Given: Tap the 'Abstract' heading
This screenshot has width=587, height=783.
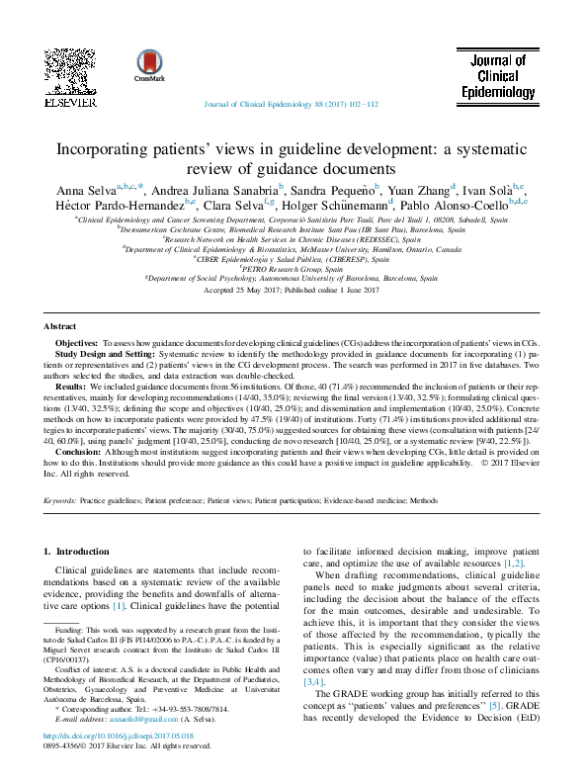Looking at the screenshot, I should pyautogui.click(x=62, y=325).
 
